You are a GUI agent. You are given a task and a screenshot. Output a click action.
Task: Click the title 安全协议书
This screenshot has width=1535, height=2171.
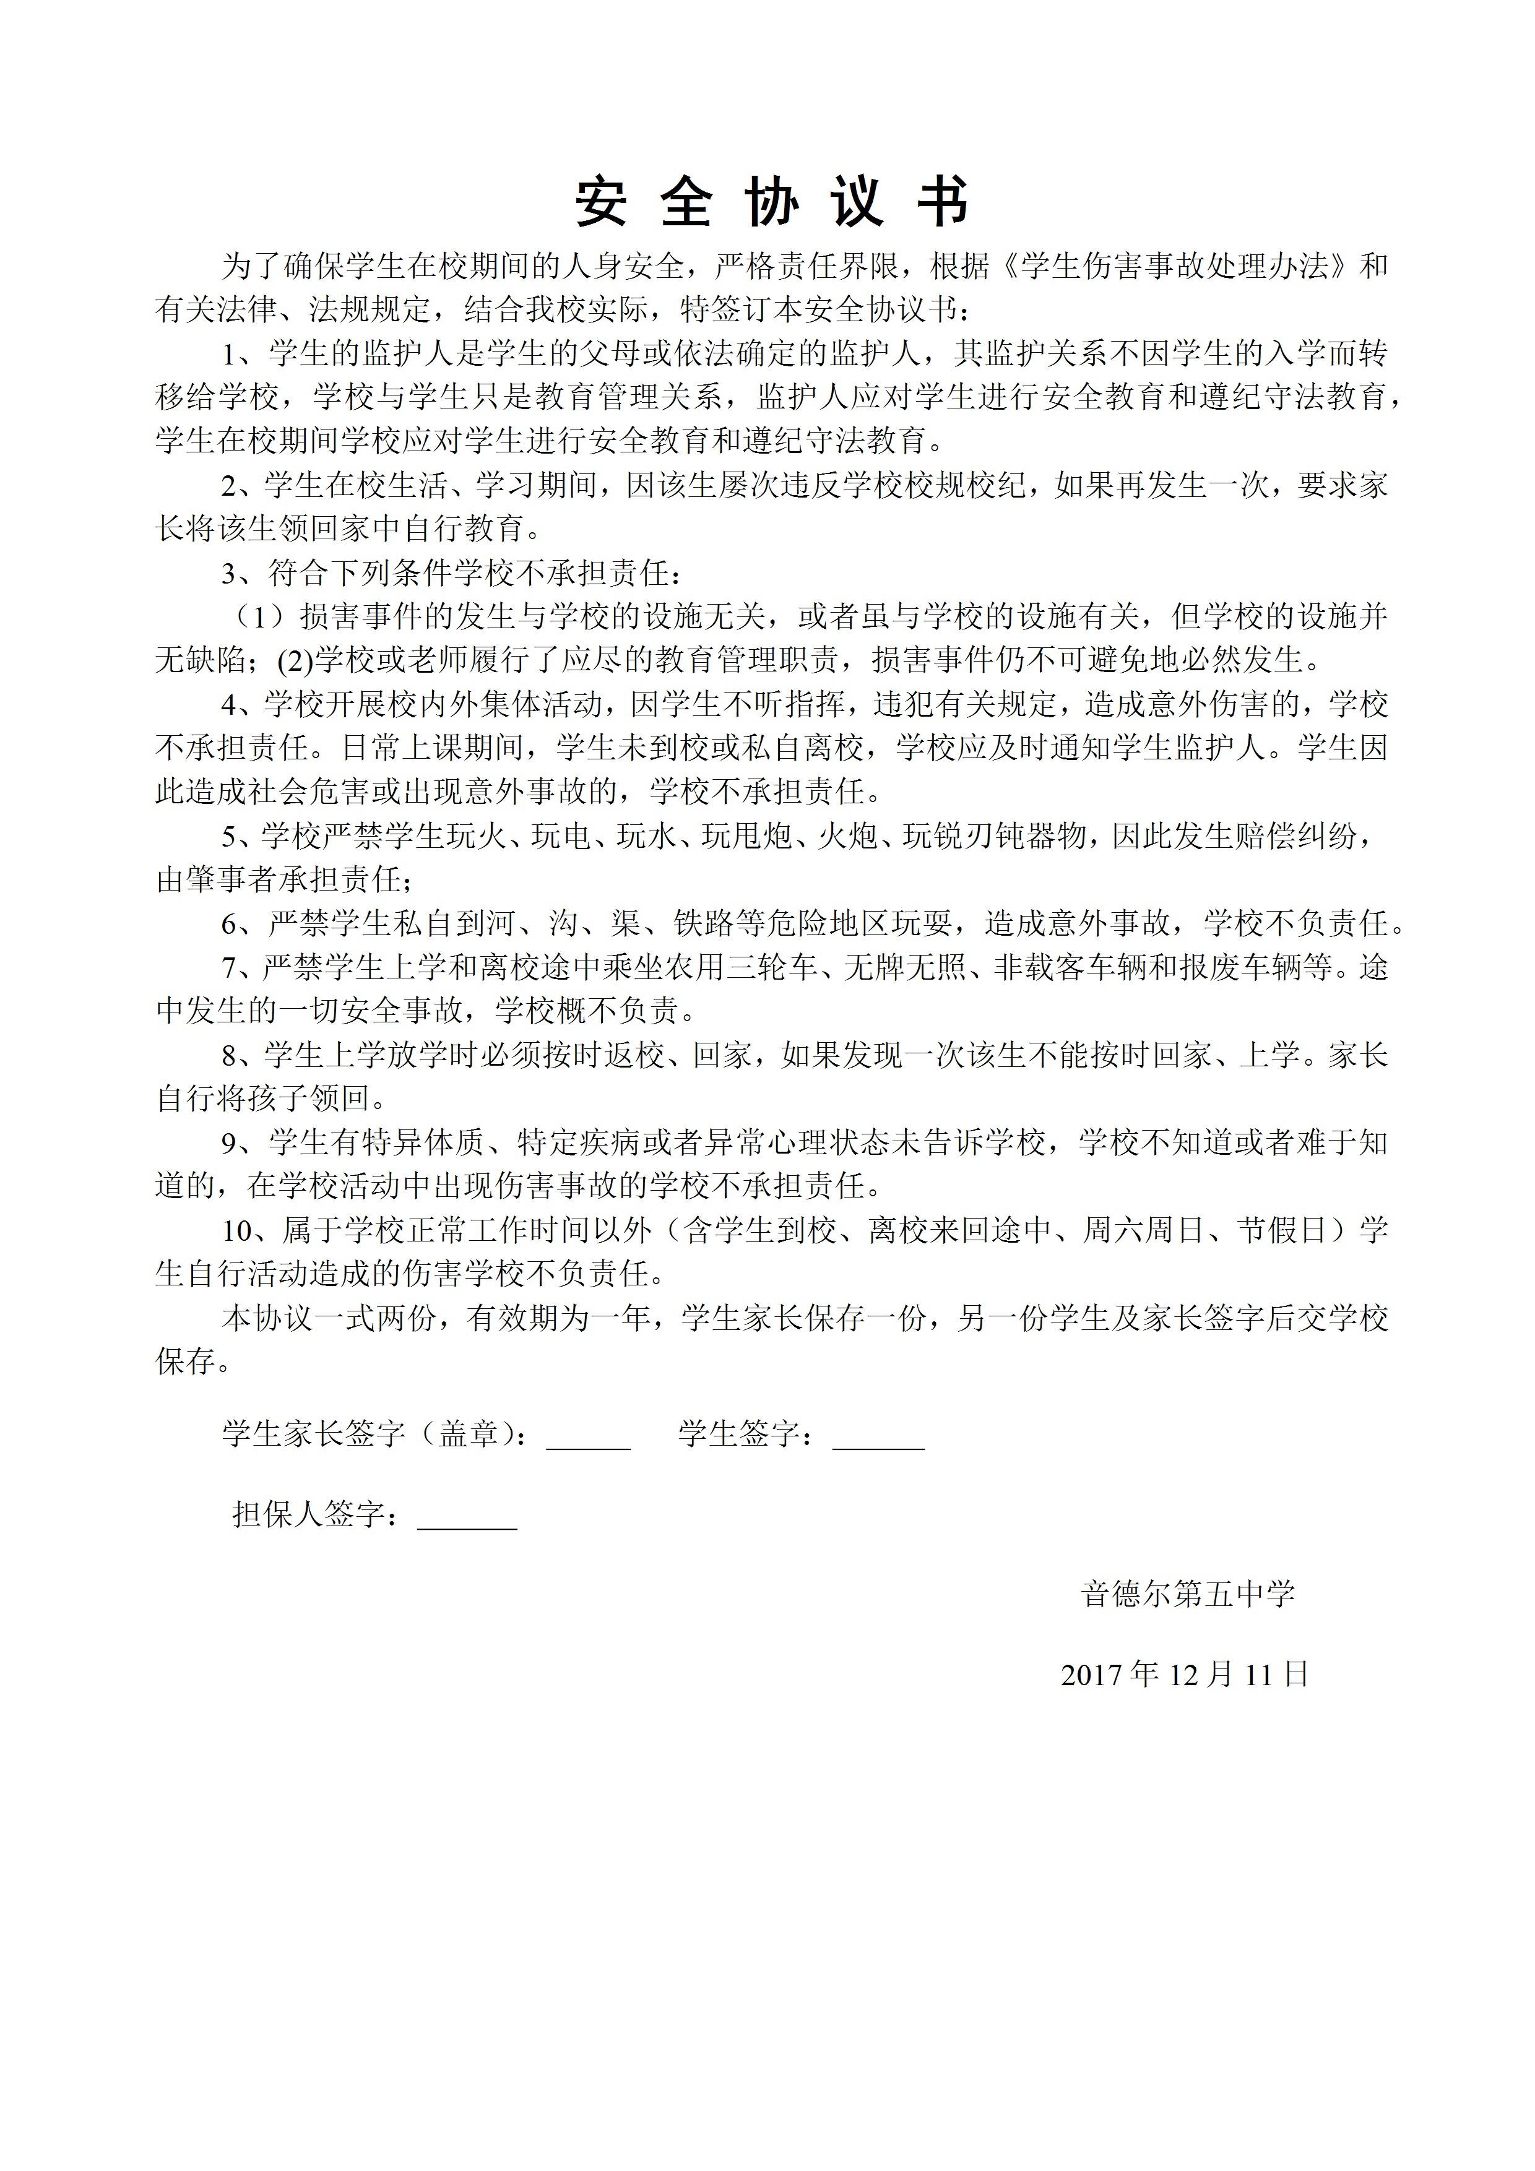click(x=772, y=201)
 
